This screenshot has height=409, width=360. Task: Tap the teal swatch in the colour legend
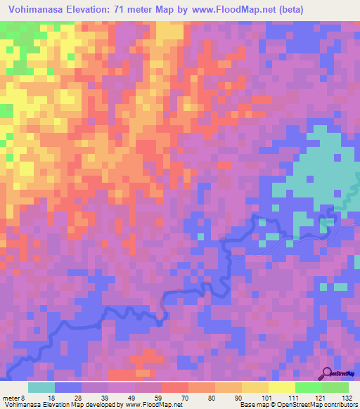41,387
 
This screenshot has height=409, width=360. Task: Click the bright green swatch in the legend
308,387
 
